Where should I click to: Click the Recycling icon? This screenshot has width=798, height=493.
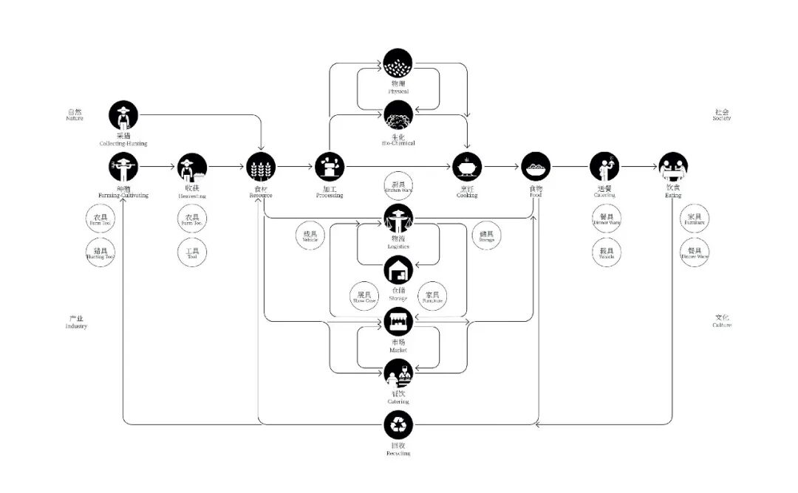(x=399, y=424)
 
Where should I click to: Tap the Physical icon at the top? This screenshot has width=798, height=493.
(x=399, y=63)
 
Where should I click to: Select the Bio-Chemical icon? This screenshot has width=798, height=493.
(x=399, y=115)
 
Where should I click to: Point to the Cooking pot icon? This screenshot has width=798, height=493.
(x=467, y=167)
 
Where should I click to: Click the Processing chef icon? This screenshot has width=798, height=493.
(x=330, y=167)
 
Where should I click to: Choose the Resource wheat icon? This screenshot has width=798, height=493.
(x=261, y=167)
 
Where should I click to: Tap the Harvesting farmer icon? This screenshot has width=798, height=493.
(x=192, y=168)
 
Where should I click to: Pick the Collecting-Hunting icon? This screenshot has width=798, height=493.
(x=123, y=115)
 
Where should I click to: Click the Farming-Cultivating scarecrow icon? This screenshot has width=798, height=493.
(x=123, y=168)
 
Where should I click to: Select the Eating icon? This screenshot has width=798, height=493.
(x=673, y=167)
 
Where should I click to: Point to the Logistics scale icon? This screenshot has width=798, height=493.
(x=399, y=218)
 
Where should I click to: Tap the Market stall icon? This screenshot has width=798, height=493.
(x=399, y=321)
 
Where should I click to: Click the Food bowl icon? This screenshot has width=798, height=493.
(x=536, y=167)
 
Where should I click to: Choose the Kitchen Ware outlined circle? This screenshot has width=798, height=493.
(x=399, y=187)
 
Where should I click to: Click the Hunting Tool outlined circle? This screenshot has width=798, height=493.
(x=100, y=252)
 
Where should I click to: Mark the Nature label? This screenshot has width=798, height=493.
(x=74, y=115)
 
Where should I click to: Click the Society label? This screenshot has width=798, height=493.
(x=722, y=115)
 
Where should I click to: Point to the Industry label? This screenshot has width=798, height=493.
(x=76, y=323)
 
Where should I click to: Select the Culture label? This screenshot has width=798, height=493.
(x=722, y=322)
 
